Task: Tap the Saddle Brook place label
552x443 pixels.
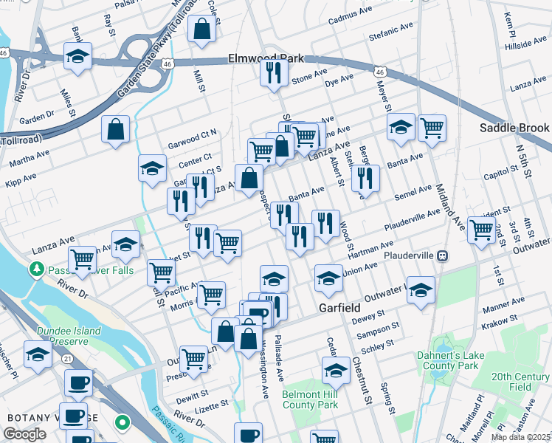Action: click(x=514, y=128)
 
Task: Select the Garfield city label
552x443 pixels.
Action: click(x=339, y=307)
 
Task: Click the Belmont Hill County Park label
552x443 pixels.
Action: click(x=310, y=399)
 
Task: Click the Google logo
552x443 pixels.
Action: click(x=24, y=435)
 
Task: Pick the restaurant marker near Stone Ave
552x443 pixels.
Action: click(x=274, y=72)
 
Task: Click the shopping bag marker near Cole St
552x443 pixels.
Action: click(x=201, y=30)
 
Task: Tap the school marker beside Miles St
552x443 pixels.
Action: click(x=77, y=56)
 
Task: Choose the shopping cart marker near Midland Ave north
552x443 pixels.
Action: click(x=432, y=127)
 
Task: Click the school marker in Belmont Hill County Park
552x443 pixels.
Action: click(x=336, y=370)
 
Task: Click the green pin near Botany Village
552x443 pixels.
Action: click(x=123, y=423)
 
